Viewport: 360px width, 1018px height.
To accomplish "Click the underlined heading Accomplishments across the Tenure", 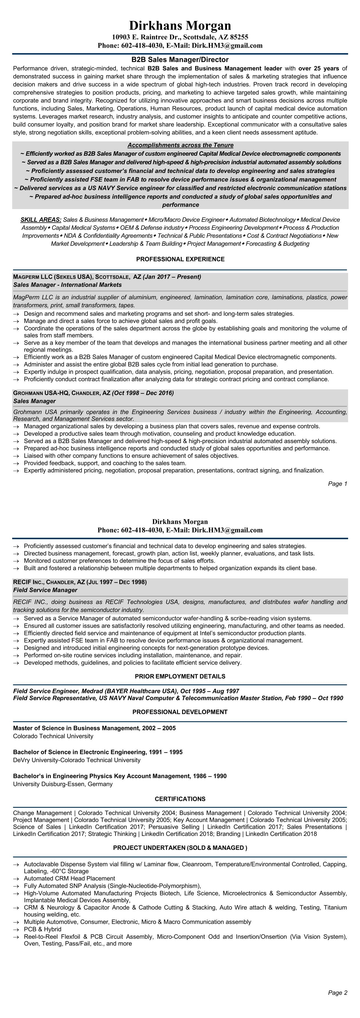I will [x=180, y=145].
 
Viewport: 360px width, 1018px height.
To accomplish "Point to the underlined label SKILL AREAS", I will [x=41, y=220].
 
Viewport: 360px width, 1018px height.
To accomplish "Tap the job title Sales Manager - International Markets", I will [x=67, y=285].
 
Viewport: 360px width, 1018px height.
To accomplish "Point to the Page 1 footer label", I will [x=337, y=484].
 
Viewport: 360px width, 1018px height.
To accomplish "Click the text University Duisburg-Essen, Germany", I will [x=63, y=784].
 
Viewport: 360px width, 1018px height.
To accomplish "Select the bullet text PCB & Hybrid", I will [x=43, y=929].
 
